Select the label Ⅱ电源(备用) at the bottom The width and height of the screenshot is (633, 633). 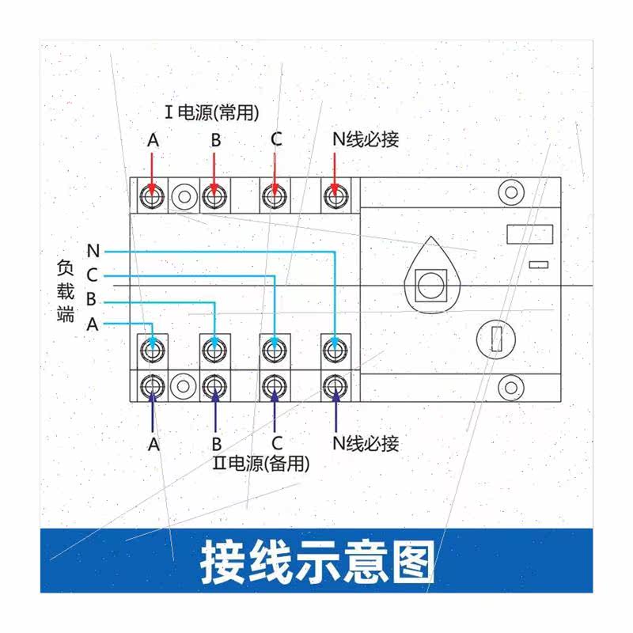coord(261,464)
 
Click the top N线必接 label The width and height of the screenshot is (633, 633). coord(365,140)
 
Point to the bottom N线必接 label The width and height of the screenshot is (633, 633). coord(365,443)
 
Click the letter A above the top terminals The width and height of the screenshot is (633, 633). coord(153,140)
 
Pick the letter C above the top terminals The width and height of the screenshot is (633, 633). coord(275,140)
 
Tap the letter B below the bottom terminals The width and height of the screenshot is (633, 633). coord(215,444)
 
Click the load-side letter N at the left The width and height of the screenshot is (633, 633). coord(93,252)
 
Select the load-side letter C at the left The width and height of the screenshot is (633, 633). coord(93,275)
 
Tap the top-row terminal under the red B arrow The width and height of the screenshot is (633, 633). coord(212,195)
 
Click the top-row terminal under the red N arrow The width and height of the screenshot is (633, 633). coord(335,195)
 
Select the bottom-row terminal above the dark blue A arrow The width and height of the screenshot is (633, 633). coord(152,386)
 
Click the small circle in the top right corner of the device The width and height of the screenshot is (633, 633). coord(510,192)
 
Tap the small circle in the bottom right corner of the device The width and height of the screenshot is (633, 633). coord(510,387)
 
